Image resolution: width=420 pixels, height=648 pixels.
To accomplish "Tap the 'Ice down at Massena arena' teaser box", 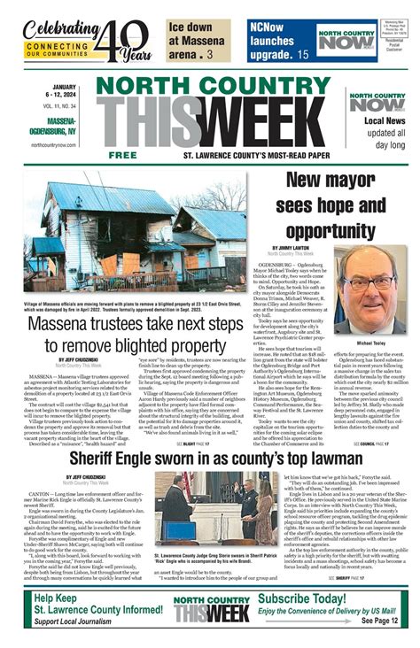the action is [x=198, y=40].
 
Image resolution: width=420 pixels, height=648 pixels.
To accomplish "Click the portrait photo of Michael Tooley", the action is [x=370, y=288].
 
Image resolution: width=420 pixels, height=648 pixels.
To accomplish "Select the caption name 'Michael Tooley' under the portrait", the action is [x=370, y=341].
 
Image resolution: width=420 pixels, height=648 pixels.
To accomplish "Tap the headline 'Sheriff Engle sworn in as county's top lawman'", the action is [x=209, y=458].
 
